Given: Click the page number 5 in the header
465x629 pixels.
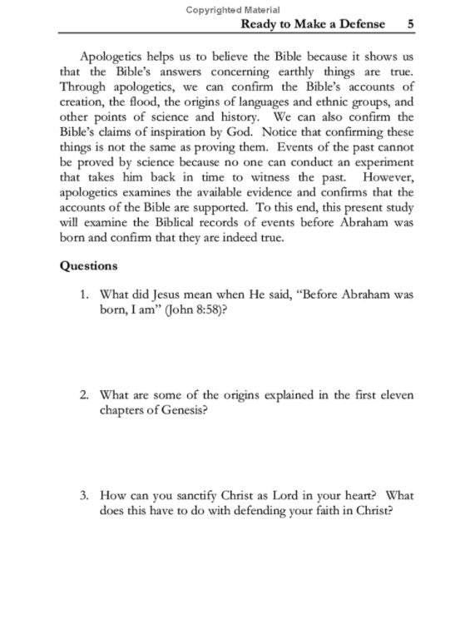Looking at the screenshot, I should [x=410, y=24].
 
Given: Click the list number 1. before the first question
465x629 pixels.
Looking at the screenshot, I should [x=84, y=294].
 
